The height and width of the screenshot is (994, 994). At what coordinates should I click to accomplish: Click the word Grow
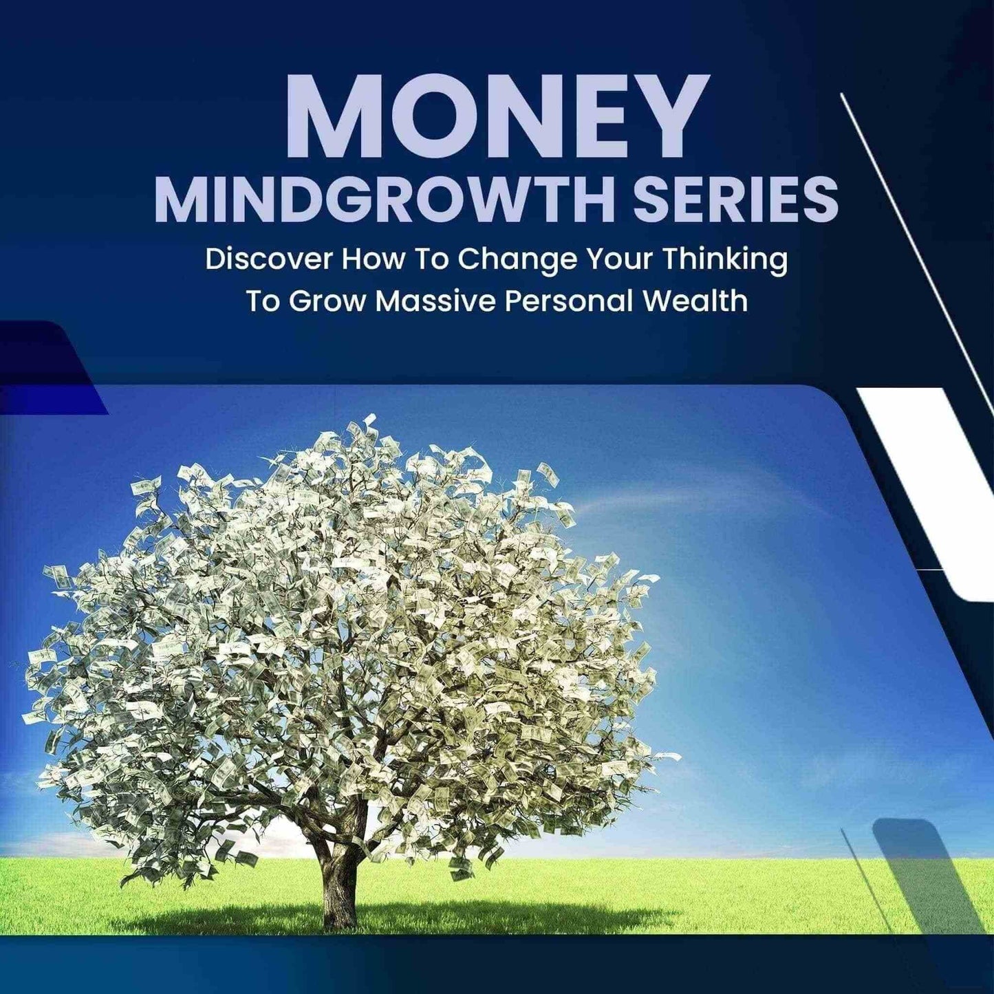coord(325,303)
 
